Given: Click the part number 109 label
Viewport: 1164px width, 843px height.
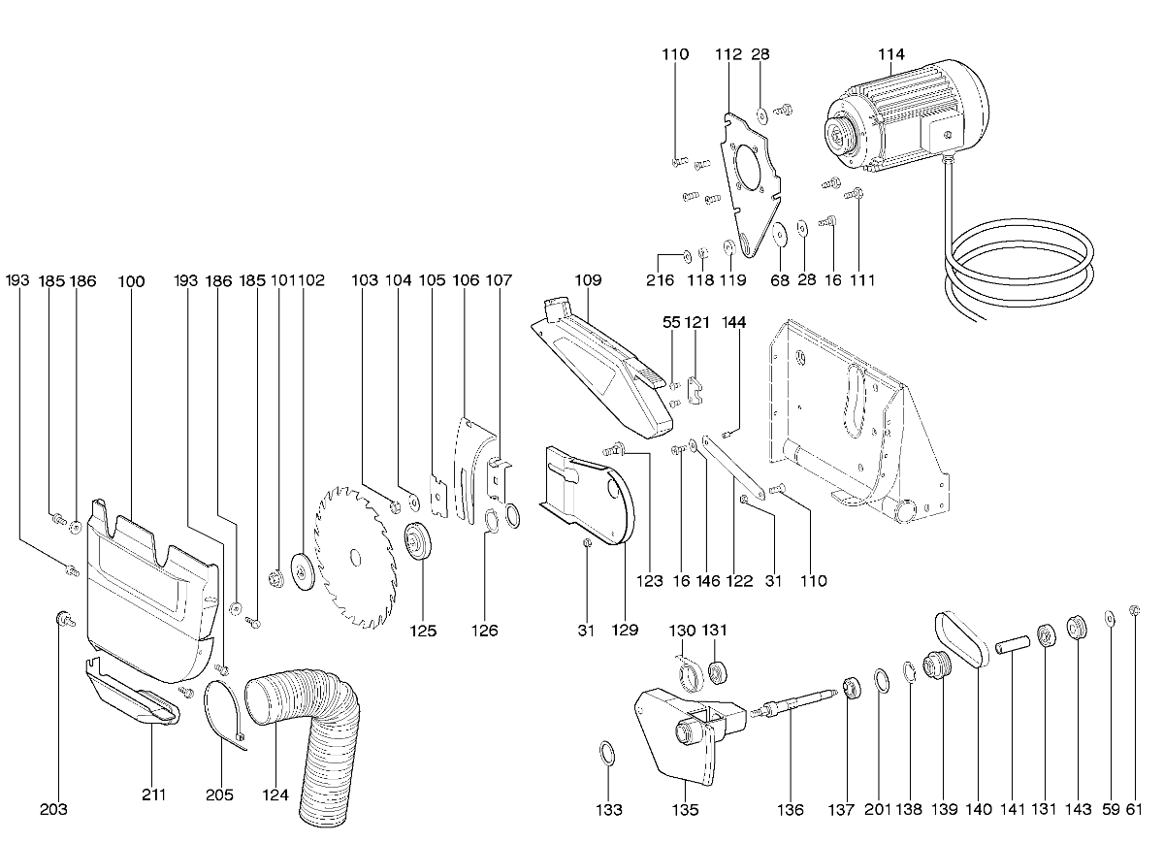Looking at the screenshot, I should coord(588,280).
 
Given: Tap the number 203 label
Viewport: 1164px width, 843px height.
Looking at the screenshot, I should coord(54,809).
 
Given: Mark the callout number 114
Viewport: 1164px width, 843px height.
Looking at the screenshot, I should coord(891,54).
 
